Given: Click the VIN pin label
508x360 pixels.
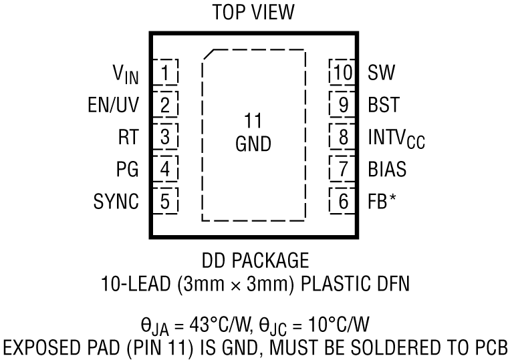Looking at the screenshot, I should [125, 73].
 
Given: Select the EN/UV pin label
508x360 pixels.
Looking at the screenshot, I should [114, 105].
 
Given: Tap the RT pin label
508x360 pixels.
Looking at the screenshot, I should [128, 138].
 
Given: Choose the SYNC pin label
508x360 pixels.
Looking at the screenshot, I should [117, 202].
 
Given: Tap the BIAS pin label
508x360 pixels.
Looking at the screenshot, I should [386, 170].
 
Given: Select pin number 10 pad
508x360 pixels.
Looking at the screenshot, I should [342, 72].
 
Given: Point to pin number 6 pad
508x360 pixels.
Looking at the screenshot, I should [343, 202].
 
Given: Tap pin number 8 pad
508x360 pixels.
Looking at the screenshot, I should [343, 138].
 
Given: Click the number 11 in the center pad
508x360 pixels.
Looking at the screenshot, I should [253, 122].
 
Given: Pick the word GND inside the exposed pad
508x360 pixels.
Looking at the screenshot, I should [253, 144].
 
